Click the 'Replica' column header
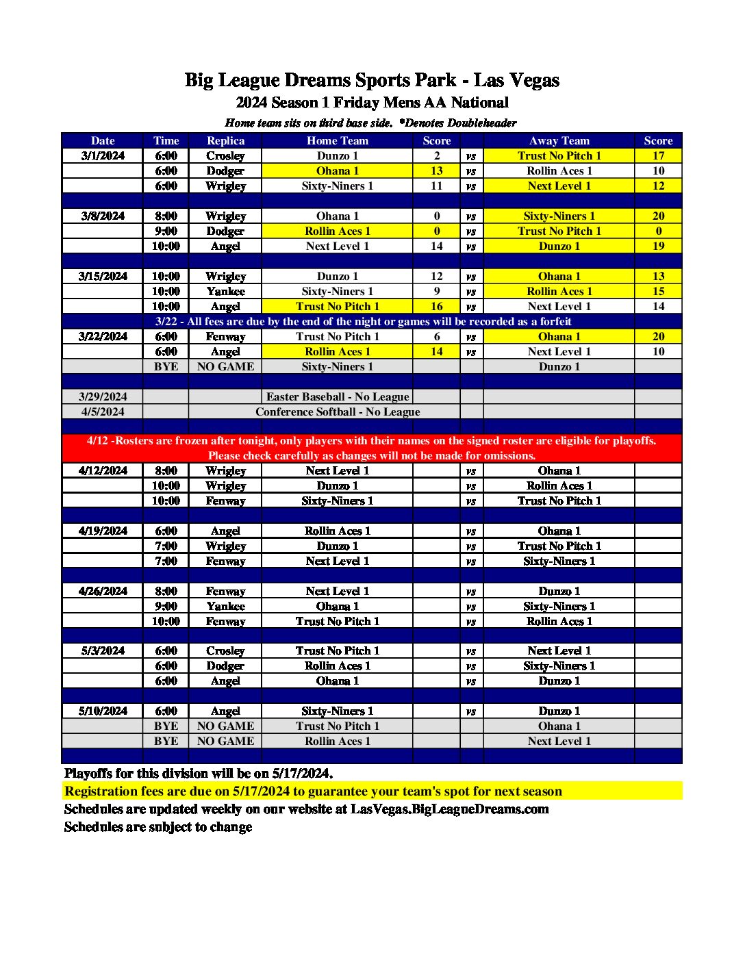coord(225,140)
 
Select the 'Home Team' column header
coord(338,140)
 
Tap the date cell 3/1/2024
coord(103,155)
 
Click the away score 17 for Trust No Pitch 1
coord(658,155)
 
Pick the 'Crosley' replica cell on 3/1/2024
coord(225,155)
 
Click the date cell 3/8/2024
coord(103,216)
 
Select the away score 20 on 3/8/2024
coord(658,216)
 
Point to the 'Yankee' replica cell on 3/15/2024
coord(225,291)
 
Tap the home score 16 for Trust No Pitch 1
coord(437,306)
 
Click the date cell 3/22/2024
coord(103,336)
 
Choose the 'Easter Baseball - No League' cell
coord(338,396)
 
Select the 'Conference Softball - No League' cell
coord(338,411)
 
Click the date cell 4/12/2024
coord(103,470)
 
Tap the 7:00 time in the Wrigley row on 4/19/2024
coord(166,546)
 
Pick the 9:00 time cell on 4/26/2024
coord(166,606)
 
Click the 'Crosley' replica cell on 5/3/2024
coord(225,650)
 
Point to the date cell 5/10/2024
coord(103,711)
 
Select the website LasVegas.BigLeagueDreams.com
coord(449,809)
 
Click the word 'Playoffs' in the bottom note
coord(88,773)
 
